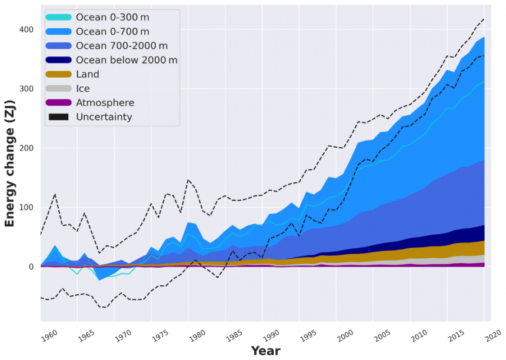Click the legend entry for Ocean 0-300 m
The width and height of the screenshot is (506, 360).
(x=112, y=18)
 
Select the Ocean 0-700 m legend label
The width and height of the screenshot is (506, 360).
(x=112, y=32)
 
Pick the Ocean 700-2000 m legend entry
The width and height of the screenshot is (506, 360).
(x=121, y=46)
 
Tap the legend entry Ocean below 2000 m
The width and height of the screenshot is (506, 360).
(x=126, y=60)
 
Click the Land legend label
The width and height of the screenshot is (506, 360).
(x=87, y=74)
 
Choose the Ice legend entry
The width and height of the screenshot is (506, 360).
(x=83, y=88)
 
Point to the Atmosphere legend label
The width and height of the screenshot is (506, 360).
(x=105, y=102)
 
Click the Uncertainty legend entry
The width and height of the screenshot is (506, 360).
(x=104, y=117)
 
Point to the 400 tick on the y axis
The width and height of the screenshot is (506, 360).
(x=26, y=29)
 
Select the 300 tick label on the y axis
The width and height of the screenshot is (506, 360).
(x=26, y=89)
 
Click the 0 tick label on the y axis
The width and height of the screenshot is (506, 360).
(x=32, y=266)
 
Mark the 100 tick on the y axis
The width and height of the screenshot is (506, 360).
(x=26, y=207)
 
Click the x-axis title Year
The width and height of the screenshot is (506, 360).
(x=265, y=351)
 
